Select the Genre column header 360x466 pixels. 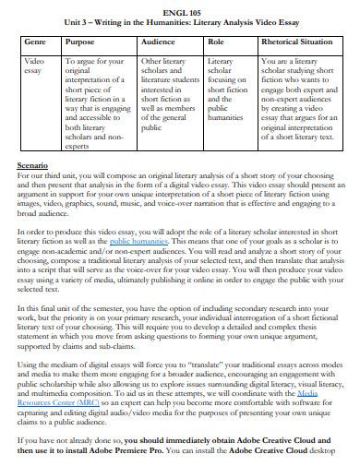coord(35,42)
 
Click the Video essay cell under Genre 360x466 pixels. coord(34,65)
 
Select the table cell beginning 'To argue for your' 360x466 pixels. coord(97,102)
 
